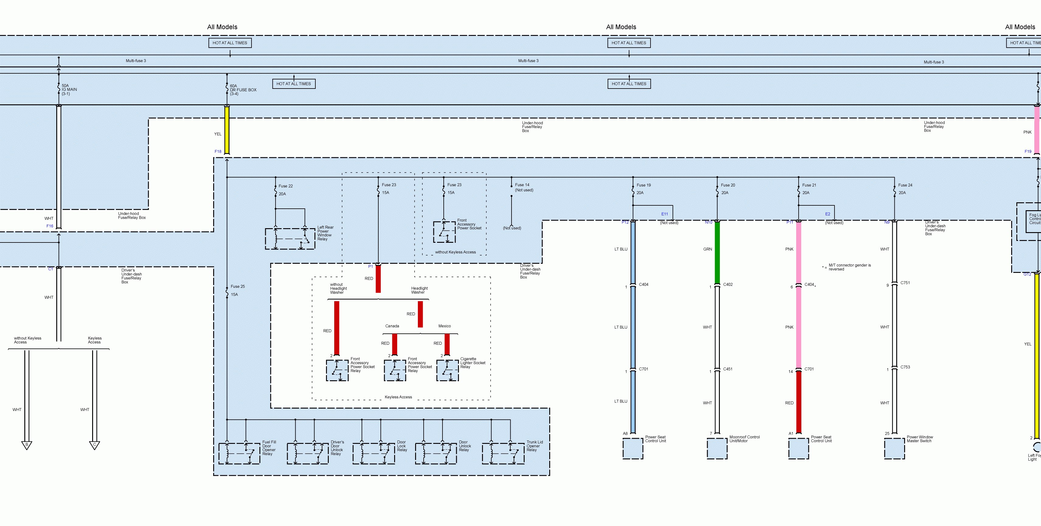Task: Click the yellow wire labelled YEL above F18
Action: coord(227,130)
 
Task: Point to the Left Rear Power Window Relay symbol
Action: coord(290,239)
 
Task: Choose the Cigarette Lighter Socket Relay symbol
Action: coord(447,370)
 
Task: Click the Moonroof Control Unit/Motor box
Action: coord(717,448)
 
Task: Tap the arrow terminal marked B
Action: coord(27,445)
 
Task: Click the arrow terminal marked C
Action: coord(95,445)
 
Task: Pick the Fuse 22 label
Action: coord(285,186)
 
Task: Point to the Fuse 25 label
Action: coord(238,287)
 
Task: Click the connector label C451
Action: coord(728,369)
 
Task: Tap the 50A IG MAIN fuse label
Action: coord(69,90)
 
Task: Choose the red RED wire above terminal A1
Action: coord(799,402)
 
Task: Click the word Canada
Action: coord(392,326)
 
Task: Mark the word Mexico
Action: coord(445,326)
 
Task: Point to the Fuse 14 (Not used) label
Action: coord(524,187)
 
